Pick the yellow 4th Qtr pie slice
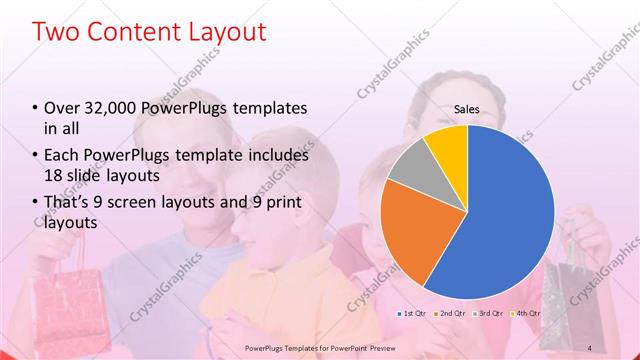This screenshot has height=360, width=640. pos(446,145)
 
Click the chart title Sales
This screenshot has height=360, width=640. pos(468,109)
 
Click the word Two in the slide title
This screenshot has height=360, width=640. pos(57,31)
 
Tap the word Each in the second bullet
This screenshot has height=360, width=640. pos(64,155)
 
